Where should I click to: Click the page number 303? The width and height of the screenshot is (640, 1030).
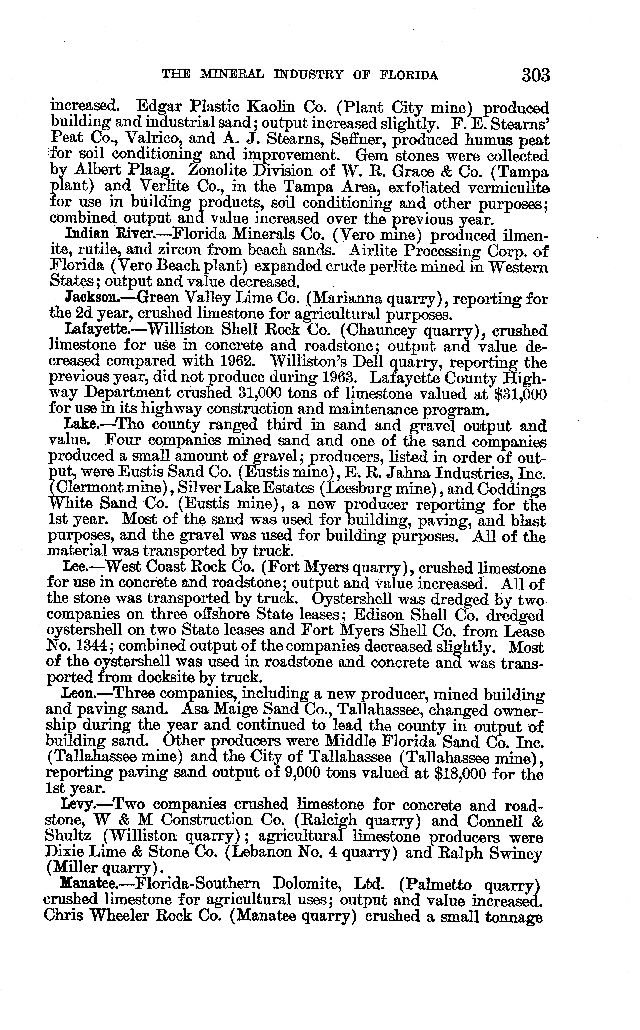tap(536, 75)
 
